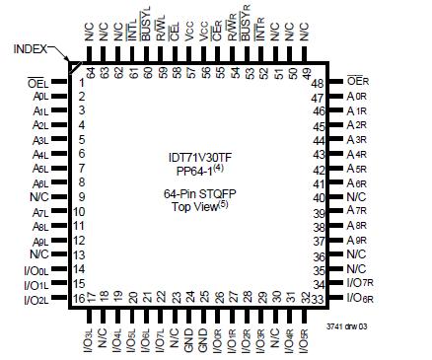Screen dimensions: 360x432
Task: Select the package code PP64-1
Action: coord(195,171)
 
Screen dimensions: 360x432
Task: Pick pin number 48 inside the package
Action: coord(319,83)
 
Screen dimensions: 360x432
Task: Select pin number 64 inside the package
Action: coord(90,72)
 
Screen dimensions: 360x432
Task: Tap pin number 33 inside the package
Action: coord(319,298)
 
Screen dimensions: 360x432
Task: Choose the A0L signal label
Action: coord(40,97)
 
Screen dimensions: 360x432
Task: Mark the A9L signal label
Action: coord(40,241)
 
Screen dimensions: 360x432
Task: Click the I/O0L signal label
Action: coord(36,269)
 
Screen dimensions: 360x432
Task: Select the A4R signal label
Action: coord(357,154)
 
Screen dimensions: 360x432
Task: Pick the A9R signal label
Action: coord(357,241)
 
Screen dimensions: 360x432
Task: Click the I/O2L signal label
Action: coord(36,298)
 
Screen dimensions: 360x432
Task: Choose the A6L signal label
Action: coord(40,182)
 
